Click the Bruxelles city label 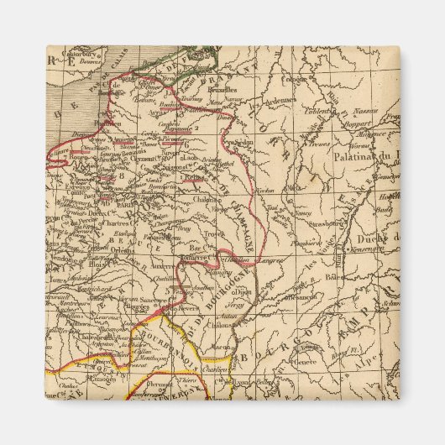pyautogui.click(x=218, y=88)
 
